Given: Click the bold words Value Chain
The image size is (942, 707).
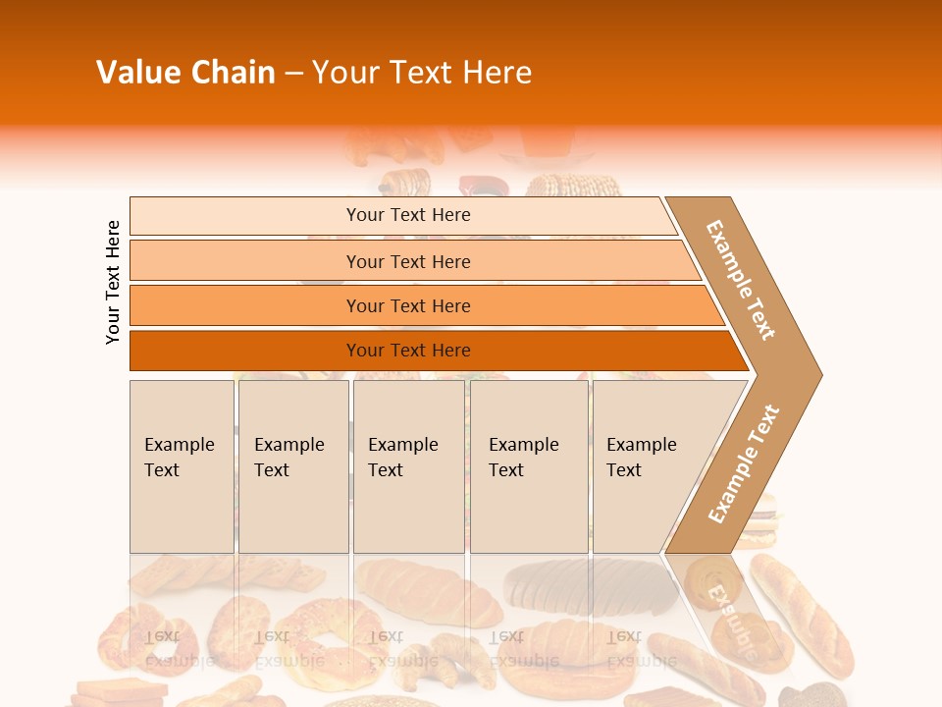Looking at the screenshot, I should tap(185, 73).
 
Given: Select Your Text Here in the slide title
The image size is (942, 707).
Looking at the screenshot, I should tap(422, 73).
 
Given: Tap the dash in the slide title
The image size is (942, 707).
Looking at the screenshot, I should tap(293, 74).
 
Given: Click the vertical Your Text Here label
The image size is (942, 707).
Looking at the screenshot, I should tap(113, 282).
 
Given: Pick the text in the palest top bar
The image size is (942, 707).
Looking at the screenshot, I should tap(408, 215).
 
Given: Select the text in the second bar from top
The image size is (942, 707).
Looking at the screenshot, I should tap(408, 261).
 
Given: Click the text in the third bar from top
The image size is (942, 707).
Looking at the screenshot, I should tap(408, 306).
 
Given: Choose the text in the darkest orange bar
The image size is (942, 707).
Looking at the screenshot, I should tap(408, 351).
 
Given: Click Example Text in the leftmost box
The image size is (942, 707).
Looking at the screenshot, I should tap(179, 458).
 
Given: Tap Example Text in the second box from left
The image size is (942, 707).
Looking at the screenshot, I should tap(288, 458).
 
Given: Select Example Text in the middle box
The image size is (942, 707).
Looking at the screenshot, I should tap(402, 458).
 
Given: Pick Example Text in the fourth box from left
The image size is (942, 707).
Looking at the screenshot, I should tap(523, 458).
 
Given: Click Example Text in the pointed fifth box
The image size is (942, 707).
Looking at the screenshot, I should tap(641, 458).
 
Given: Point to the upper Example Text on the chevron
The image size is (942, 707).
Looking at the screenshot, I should tap(741, 280).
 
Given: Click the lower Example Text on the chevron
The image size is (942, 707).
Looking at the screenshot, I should tap(744, 463).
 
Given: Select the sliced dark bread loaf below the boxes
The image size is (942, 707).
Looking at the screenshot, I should tap(589, 586).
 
